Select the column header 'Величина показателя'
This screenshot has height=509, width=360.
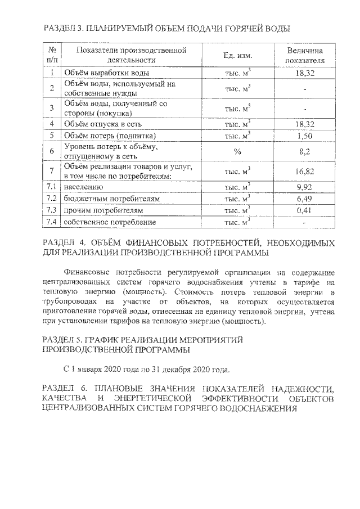click(305, 55)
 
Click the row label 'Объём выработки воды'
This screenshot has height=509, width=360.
click(106, 73)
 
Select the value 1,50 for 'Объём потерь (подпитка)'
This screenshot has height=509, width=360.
click(304, 136)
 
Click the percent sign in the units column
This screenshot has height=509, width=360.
click(237, 151)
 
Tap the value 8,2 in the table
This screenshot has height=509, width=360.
click(304, 151)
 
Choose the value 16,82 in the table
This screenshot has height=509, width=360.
click(304, 172)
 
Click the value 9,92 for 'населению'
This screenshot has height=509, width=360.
click(304, 187)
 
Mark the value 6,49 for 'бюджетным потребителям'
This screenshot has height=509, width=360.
click(304, 199)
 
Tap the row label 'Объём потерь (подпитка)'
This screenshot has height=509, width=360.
click(109, 136)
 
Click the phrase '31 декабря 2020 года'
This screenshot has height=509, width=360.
click(191, 370)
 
